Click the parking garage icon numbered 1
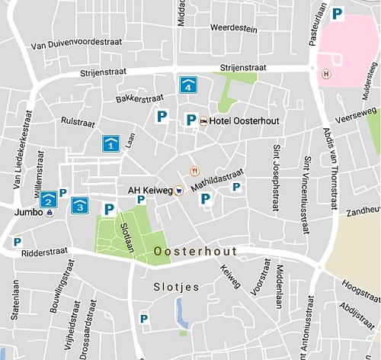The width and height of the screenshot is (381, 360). [x=110, y=143]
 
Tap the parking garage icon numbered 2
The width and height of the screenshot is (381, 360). [x=49, y=200]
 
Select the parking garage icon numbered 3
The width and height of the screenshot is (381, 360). [x=79, y=205]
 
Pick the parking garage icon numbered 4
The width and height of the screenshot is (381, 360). [x=187, y=85]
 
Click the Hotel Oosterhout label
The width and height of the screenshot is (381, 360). [x=232, y=121]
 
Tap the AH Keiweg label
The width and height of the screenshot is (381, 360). [x=149, y=190]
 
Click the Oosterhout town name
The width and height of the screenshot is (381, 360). [x=195, y=251]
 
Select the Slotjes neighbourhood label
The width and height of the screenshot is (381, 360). [x=176, y=287]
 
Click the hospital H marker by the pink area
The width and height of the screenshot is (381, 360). [x=327, y=74]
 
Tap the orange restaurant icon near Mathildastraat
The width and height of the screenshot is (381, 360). [x=195, y=171]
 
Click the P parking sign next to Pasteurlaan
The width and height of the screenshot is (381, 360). [x=336, y=13]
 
